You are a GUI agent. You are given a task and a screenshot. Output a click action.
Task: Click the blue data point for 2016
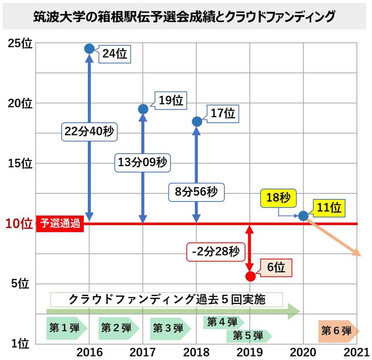point(89,48)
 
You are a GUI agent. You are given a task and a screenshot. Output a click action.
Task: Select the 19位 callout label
point(170,100)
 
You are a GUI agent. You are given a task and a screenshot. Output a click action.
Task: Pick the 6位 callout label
point(276,268)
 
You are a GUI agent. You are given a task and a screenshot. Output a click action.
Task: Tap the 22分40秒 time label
point(89,131)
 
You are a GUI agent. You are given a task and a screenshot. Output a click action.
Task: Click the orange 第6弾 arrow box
point(338,331)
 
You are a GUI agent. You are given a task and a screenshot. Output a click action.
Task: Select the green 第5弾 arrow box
point(250,335)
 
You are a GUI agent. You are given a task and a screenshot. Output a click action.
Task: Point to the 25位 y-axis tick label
point(20,43)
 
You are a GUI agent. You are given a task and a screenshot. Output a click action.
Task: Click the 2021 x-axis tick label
point(357,351)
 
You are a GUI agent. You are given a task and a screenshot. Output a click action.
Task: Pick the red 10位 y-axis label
point(19,223)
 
